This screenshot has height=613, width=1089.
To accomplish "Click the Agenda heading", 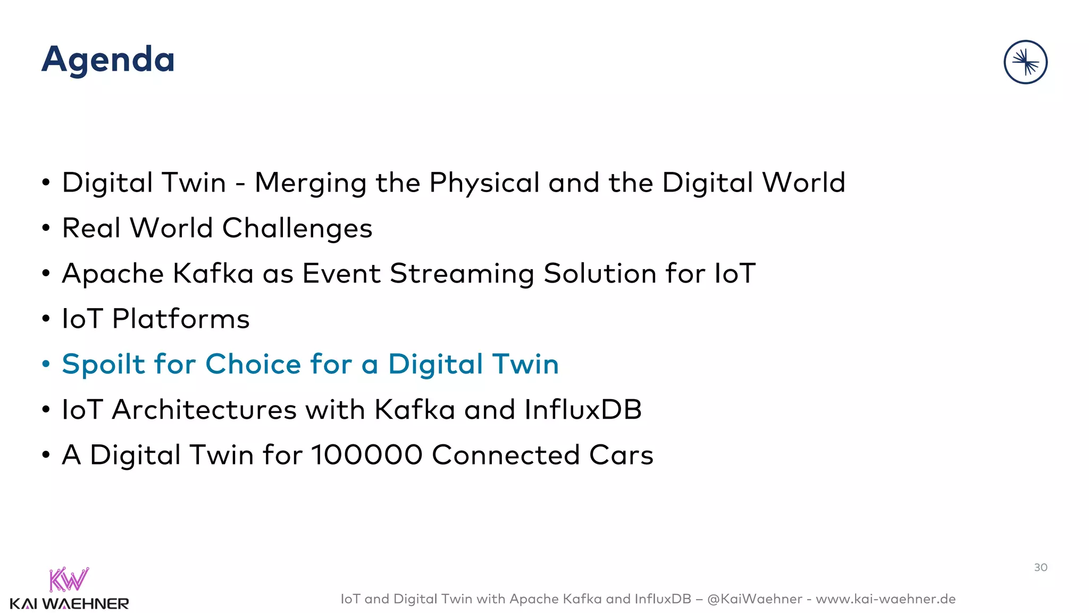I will pos(108,60).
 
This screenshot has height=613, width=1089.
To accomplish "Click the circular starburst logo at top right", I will pos(1025,62).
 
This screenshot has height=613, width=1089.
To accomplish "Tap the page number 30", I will pos(1041,567).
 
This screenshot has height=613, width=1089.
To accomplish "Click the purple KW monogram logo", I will pos(69,579).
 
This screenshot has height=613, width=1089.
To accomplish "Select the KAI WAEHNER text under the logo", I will pos(69,604).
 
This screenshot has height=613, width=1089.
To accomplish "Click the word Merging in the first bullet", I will pos(311,183).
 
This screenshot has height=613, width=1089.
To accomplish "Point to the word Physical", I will pos(484,183).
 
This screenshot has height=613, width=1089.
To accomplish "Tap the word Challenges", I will pos(297,229).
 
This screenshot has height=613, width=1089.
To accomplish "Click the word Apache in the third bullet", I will pos(113,274).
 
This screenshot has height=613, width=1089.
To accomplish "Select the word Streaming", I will pos(462,274).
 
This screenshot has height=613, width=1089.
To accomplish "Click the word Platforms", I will pos(181,319).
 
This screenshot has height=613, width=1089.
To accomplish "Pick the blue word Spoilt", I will pos(103,365).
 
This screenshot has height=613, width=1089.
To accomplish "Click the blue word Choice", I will pos(253,365).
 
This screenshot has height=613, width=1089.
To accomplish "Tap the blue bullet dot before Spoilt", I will pos(46,365).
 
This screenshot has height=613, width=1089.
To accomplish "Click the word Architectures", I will pos(204,410).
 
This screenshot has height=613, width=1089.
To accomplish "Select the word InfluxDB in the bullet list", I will pos(583,410).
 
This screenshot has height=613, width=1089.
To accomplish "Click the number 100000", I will pos(366,455).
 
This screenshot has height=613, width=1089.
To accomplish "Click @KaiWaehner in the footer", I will pos(755,599).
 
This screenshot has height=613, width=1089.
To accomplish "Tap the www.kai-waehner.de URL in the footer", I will pos(885,599).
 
